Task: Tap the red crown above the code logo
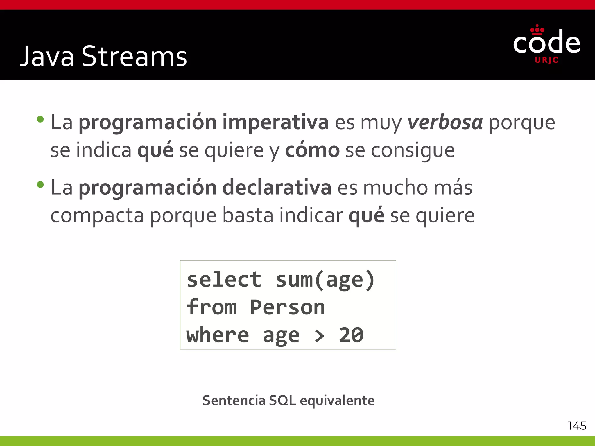pos(537,30)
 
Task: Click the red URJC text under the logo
pos(546,60)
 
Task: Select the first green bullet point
pos(40,119)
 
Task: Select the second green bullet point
pos(40,185)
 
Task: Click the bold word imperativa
pos(275,123)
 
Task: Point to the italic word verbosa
pos(445,123)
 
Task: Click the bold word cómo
pos(312,150)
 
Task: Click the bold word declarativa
pos(277,188)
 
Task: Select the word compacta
pos(97,216)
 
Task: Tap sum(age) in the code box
pos(325,280)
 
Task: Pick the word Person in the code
pos(287,307)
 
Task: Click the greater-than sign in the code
pos(319,336)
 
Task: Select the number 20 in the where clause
pos(351,335)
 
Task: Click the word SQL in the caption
pos(282,400)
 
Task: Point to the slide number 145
pos(577,426)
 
